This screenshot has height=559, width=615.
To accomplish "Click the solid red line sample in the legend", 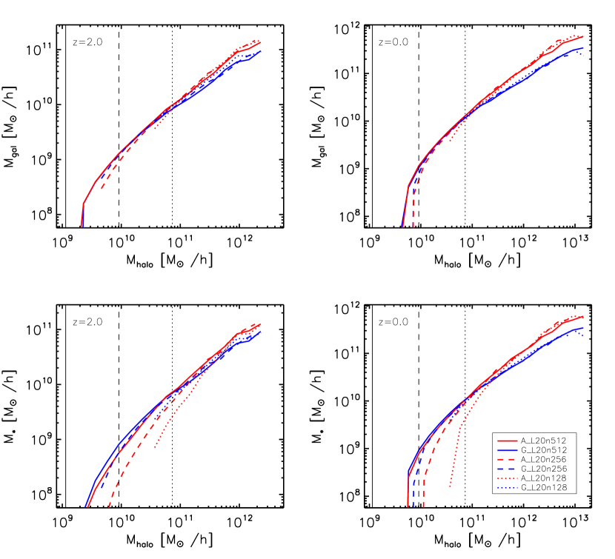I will [x=507, y=441].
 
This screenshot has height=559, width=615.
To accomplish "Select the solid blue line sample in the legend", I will [x=507, y=450].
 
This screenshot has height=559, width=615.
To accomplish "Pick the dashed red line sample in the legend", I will [x=507, y=460].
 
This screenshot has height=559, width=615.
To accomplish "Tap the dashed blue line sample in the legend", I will [x=507, y=469].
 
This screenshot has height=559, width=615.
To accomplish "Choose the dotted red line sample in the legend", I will [x=507, y=478].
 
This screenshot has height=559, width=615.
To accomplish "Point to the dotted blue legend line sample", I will [x=507, y=488].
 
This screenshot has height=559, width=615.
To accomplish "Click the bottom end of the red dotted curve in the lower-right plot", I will [x=450, y=486].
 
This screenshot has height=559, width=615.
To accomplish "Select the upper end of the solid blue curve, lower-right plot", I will [x=583, y=327].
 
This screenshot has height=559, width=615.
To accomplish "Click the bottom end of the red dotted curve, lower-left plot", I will [x=154, y=447].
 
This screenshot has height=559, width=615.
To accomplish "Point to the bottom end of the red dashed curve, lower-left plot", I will [x=109, y=506].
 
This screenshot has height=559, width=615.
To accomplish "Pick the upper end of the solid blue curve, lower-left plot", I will [x=261, y=332].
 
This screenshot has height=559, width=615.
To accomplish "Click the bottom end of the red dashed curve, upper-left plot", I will [x=101, y=190].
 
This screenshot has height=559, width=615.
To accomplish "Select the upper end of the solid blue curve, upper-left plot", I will [x=261, y=51].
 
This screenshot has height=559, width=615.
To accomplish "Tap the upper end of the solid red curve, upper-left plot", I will [x=261, y=43].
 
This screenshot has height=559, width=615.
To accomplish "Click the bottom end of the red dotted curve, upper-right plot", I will [x=450, y=141].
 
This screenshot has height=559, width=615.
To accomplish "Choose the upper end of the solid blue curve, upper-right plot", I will [x=583, y=48].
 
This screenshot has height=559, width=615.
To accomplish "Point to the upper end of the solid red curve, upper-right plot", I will [x=583, y=36].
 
